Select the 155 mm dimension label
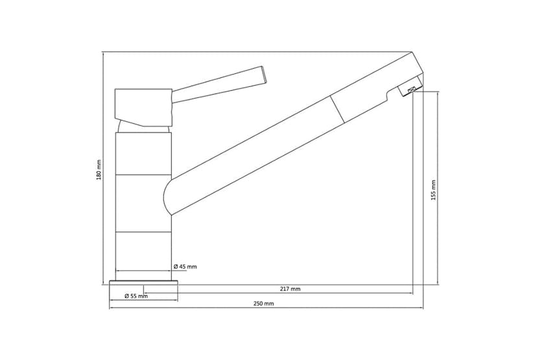click(434, 189)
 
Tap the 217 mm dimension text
click(291, 289)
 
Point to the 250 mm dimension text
click(264, 304)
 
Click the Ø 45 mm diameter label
click(185, 267)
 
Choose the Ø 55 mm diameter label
click(136, 296)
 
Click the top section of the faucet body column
click(143, 153)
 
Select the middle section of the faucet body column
click(143, 204)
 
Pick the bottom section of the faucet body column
click(143, 252)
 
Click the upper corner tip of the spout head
click(412, 53)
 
